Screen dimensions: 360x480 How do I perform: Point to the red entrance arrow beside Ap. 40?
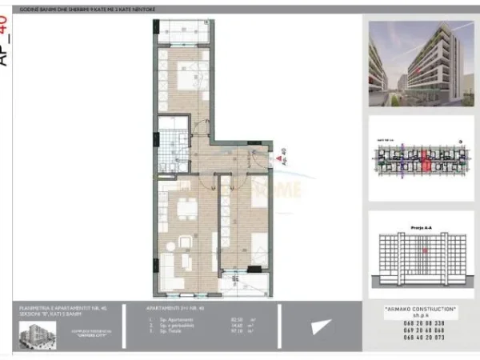click(271, 152)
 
